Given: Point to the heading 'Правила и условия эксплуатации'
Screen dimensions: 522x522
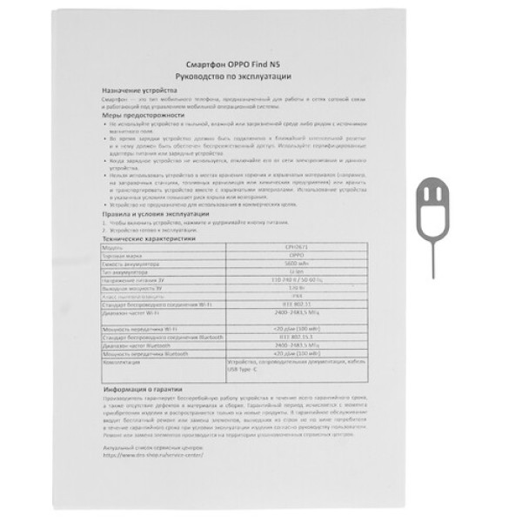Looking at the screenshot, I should pyautogui.click(x=151, y=214).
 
